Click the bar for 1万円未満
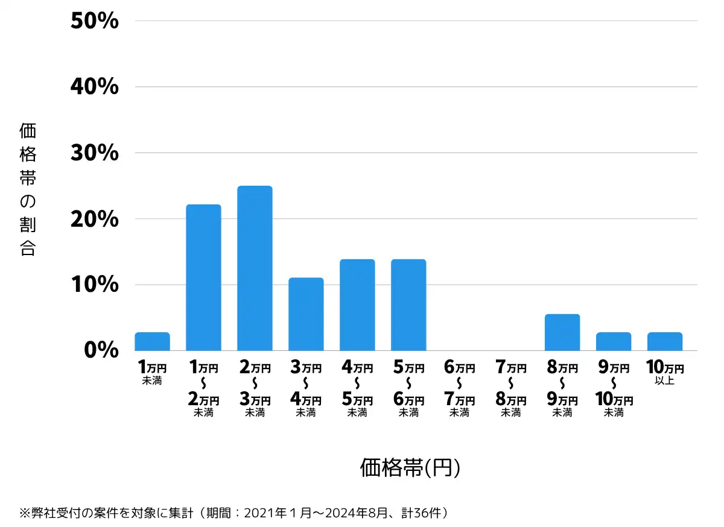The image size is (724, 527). (x=152, y=341)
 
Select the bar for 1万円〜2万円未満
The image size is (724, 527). (x=203, y=277)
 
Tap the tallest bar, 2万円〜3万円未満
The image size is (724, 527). (x=255, y=268)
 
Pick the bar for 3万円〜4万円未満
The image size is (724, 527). (x=306, y=314)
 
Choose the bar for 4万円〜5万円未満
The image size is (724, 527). (x=357, y=305)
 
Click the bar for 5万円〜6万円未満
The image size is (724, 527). (x=408, y=305)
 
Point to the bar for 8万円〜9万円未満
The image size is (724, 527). (x=562, y=332)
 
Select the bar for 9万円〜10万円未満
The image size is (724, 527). (x=614, y=341)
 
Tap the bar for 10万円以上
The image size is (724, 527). (x=665, y=341)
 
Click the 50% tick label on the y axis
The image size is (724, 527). (x=95, y=21)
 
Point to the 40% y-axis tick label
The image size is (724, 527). (x=95, y=87)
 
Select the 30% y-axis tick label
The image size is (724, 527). (x=95, y=153)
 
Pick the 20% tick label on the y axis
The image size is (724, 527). (x=95, y=219)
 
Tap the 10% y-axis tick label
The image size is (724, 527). (x=95, y=285)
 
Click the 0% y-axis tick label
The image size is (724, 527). (x=101, y=350)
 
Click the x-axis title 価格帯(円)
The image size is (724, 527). (x=410, y=467)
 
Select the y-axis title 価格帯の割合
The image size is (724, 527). (x=28, y=189)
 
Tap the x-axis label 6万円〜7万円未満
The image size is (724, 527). (x=460, y=390)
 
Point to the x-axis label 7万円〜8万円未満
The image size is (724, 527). (x=511, y=390)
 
